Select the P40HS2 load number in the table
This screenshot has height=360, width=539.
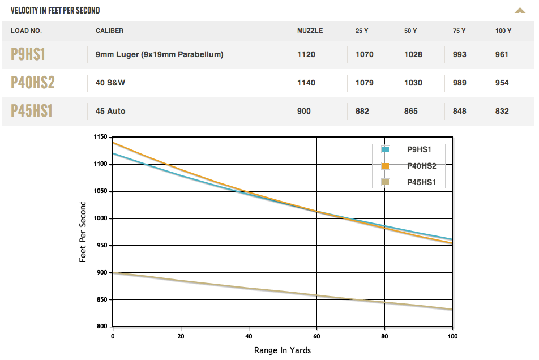pyautogui.click(x=33, y=83)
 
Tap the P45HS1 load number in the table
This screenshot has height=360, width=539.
pyautogui.click(x=32, y=111)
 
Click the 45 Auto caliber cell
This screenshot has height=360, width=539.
pyautogui.click(x=110, y=111)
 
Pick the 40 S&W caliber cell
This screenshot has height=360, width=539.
pyautogui.click(x=110, y=83)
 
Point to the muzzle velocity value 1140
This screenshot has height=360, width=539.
pyautogui.click(x=306, y=83)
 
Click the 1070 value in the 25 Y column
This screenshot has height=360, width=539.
pyautogui.click(x=364, y=54)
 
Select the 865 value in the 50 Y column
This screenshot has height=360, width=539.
pyautogui.click(x=413, y=111)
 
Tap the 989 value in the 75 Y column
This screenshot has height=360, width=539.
pyautogui.click(x=460, y=83)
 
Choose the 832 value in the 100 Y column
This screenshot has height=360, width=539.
pyautogui.click(x=502, y=111)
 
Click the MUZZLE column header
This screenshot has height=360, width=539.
pyautogui.click(x=310, y=31)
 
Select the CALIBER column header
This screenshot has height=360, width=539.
pyautogui.click(x=109, y=31)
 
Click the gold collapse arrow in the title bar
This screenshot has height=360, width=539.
pyautogui.click(x=520, y=10)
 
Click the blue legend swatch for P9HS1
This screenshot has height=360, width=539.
pyautogui.click(x=386, y=149)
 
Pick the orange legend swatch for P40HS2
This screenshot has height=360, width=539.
pyautogui.click(x=386, y=166)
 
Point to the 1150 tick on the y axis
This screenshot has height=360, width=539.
pyautogui.click(x=100, y=137)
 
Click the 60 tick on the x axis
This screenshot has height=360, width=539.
pyautogui.click(x=316, y=335)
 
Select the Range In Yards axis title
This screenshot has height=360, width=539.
pyautogui.click(x=283, y=350)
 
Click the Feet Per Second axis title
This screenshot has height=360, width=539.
pyautogui.click(x=83, y=231)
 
